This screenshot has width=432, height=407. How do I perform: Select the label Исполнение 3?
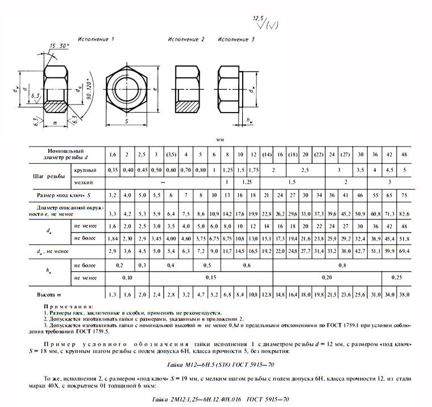(236, 39)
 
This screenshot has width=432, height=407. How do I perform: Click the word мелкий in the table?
(84, 182)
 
